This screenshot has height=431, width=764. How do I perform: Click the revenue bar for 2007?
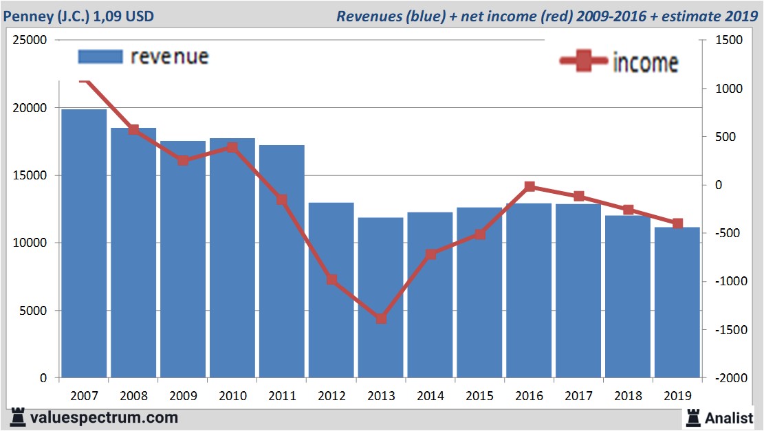(84, 243)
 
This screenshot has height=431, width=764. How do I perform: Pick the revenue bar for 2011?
(281, 261)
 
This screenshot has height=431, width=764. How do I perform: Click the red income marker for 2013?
(381, 318)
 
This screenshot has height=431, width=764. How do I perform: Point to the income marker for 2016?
(530, 186)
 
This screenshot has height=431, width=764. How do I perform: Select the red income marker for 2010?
(232, 147)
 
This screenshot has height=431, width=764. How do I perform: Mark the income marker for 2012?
(331, 280)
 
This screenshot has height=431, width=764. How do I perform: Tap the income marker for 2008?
(133, 129)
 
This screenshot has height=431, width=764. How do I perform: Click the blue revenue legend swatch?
(100, 56)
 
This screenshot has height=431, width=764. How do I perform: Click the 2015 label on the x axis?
(479, 396)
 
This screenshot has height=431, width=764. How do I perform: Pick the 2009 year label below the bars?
(183, 396)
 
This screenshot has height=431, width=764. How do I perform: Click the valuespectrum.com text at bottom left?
(103, 417)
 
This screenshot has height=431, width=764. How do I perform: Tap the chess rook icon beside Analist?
(692, 417)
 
